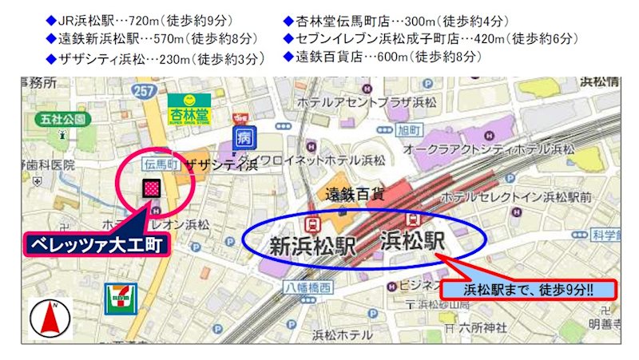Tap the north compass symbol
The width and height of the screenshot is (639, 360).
coord(50,318)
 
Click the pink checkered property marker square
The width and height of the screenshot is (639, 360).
coord(151,189)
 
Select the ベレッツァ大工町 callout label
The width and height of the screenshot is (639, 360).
coord(97,243)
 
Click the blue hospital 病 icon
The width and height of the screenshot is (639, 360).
coord(244,136)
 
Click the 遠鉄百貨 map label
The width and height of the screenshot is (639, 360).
coord(355,194)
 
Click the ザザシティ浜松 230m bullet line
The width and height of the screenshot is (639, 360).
coord(156,57)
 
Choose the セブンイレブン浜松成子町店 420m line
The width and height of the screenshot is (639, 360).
coord(431,38)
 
